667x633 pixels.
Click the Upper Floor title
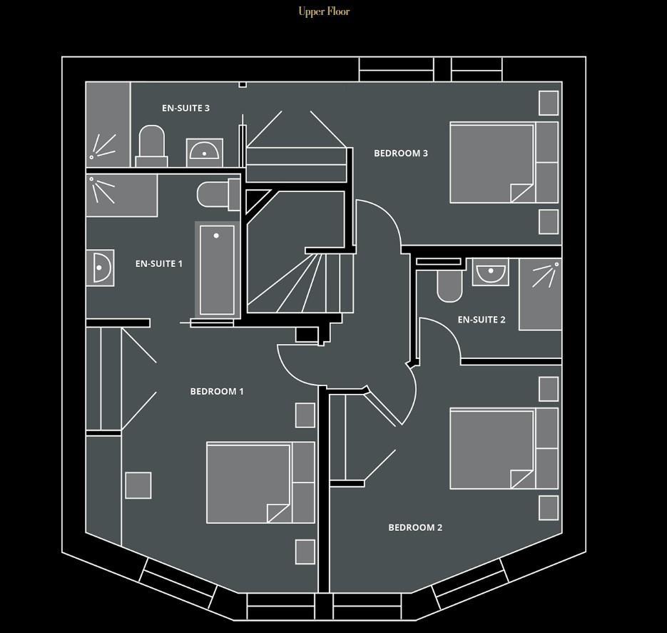324,11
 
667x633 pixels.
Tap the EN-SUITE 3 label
185,108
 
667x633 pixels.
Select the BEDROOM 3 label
401,153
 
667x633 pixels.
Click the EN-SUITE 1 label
158,264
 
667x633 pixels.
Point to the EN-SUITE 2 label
482,320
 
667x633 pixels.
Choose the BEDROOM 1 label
217,391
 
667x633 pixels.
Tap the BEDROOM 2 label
415,527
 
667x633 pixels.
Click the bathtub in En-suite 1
217,270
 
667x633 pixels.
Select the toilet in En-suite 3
151,146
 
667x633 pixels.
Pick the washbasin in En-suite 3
205,152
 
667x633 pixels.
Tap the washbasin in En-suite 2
491,272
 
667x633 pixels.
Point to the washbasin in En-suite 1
100,268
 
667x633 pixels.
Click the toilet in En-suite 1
219,194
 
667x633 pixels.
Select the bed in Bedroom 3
504,162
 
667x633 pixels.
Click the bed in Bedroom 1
261,482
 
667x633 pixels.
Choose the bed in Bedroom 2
504,448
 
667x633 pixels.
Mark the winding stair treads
300,283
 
